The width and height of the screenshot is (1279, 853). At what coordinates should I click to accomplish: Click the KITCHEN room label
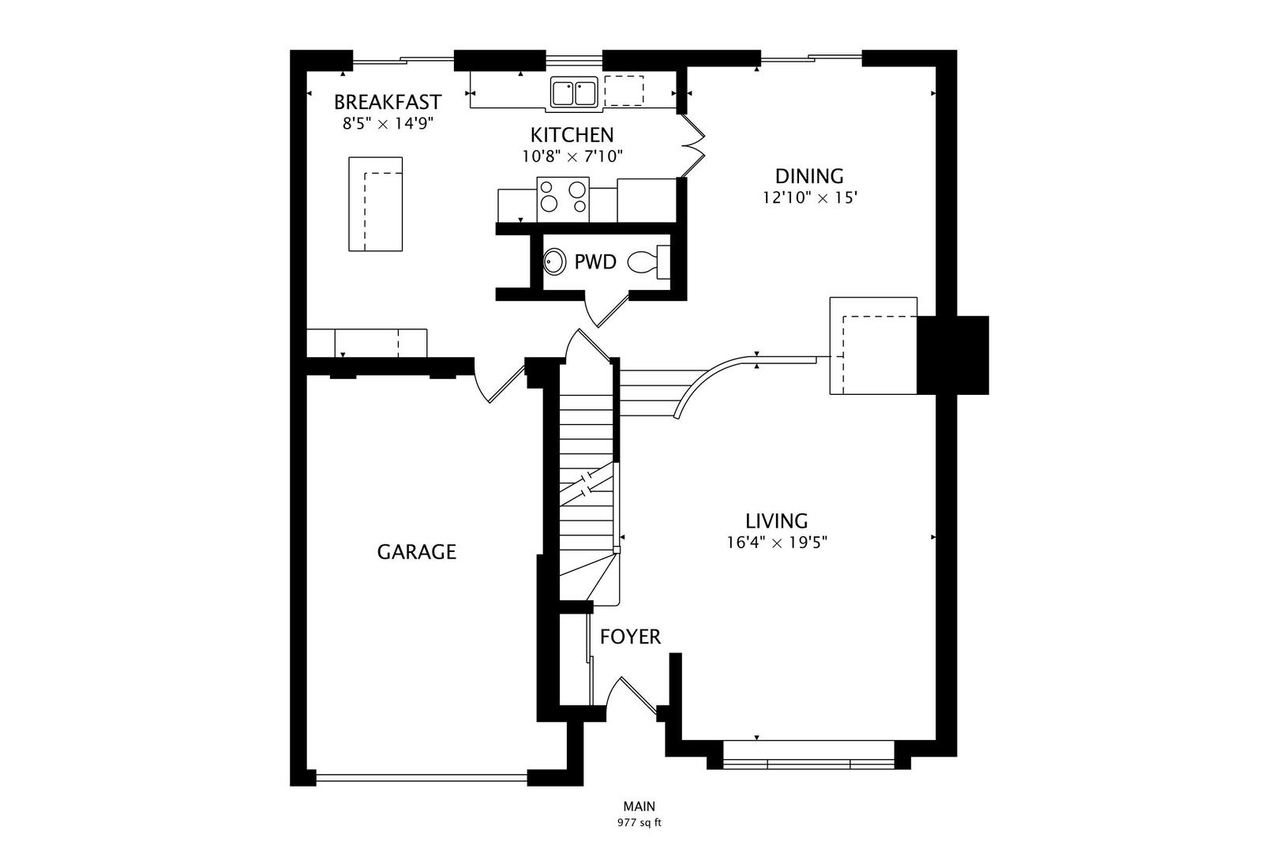[x=572, y=134]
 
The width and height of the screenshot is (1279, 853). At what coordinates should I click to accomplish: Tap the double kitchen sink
[x=573, y=92]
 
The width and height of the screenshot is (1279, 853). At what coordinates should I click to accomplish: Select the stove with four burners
[x=563, y=198]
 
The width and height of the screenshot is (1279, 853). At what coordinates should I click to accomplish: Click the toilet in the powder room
[x=649, y=261]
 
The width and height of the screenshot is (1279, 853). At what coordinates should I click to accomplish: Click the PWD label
[x=594, y=262]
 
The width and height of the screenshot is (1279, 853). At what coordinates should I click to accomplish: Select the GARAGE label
[x=416, y=551]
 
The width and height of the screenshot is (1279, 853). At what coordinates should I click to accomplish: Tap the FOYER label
[x=630, y=637]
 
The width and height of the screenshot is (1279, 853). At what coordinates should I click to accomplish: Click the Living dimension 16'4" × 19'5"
[x=777, y=543]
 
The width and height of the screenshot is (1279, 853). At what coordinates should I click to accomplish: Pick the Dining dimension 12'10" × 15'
[x=809, y=197]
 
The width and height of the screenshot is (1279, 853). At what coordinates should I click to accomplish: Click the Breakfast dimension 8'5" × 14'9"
[x=388, y=123]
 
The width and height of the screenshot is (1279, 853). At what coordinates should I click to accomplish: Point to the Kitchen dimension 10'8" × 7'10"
[x=572, y=156]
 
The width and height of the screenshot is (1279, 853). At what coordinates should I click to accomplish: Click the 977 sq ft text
[x=639, y=822]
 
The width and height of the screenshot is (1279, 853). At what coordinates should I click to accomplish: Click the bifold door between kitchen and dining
[x=692, y=147]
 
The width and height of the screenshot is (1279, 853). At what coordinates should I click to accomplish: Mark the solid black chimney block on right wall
[x=953, y=355]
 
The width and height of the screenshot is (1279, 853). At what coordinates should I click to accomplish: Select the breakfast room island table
[x=376, y=204]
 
